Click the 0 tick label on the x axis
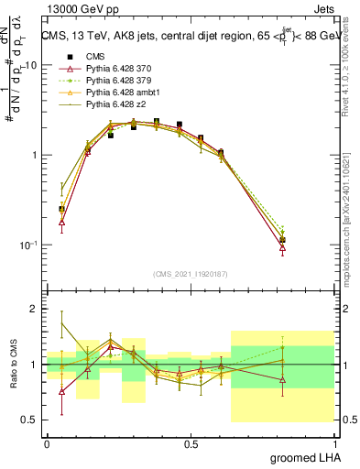pyautogui.click(x=46, y=443)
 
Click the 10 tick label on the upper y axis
pyautogui.click(x=30, y=66)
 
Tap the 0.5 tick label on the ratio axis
pyautogui.click(x=29, y=420)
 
